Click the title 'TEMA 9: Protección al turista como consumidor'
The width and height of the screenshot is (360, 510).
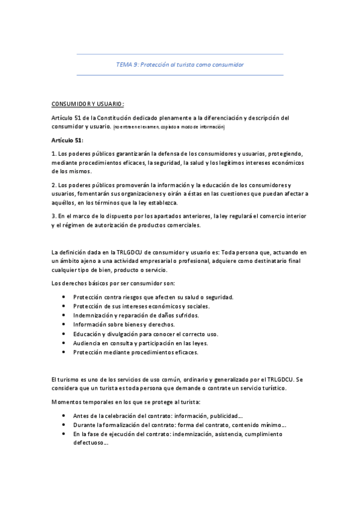[x=180, y=64]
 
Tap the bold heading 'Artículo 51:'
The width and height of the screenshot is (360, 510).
[x=67, y=140]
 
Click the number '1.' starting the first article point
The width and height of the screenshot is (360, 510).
[x=54, y=154]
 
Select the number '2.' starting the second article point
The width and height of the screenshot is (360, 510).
[x=54, y=184]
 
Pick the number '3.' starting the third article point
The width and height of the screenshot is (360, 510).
[x=54, y=215]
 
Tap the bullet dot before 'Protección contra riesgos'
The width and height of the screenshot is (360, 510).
[x=64, y=297]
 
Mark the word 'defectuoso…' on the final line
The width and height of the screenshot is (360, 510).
[x=91, y=443]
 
